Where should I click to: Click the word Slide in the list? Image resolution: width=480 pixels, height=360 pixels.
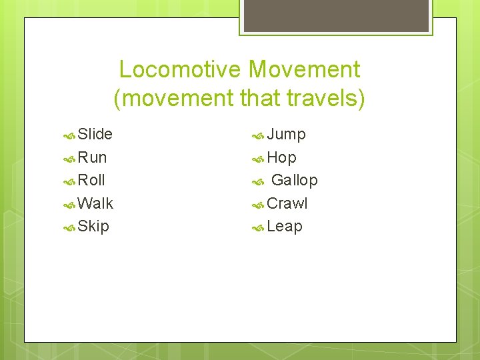(95, 134)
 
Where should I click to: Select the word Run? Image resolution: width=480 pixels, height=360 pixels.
(92, 157)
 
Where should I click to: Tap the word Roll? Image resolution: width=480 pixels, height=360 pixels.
(91, 180)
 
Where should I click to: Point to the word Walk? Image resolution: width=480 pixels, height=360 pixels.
(95, 203)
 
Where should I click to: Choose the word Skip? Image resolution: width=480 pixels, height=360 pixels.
(93, 227)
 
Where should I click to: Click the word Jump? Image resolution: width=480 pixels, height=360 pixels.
(286, 135)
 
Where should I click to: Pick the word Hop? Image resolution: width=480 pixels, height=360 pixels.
(281, 158)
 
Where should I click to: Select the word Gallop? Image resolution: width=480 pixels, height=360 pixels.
(295, 181)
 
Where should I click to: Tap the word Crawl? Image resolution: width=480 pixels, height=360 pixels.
(287, 203)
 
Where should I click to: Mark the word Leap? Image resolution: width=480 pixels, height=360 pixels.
(285, 227)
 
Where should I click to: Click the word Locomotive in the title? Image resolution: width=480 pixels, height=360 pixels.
(180, 69)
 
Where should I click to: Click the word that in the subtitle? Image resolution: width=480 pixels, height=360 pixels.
(259, 99)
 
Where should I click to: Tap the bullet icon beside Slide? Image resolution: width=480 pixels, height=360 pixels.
(69, 135)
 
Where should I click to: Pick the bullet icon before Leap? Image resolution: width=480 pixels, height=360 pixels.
(258, 227)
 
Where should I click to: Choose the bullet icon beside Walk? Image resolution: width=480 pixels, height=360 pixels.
(69, 204)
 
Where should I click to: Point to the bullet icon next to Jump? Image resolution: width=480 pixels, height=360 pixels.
(258, 135)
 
